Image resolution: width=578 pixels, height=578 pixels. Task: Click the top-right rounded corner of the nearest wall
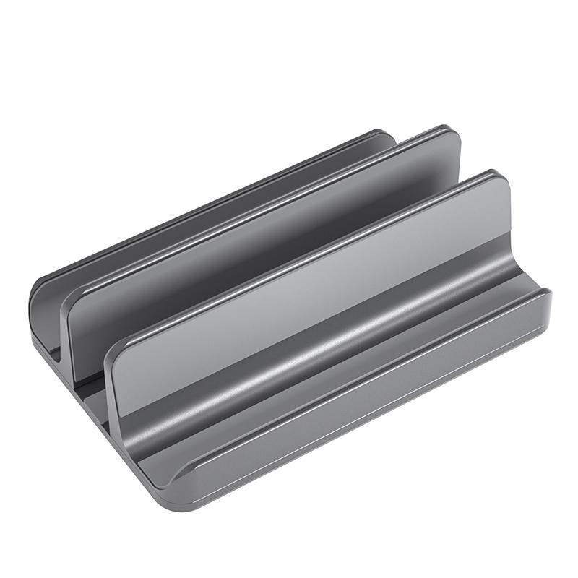click(501, 181)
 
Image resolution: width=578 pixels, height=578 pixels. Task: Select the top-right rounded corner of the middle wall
click(451, 137)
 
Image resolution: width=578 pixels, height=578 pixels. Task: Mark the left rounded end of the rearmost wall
click(40, 289)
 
